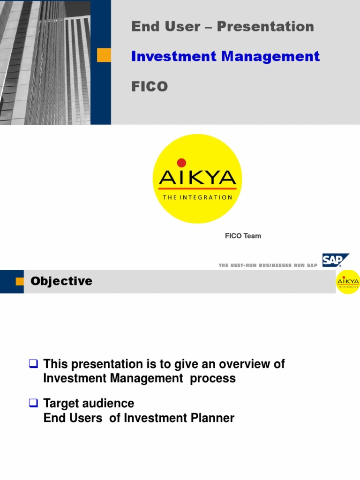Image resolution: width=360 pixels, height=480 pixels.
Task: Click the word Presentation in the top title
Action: pyautogui.click(x=265, y=27)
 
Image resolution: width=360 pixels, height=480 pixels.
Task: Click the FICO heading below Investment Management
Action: pyautogui.click(x=150, y=87)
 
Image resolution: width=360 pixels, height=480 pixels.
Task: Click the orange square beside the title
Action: pyautogui.click(x=104, y=55)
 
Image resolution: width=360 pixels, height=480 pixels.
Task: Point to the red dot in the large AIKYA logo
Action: pyautogui.click(x=181, y=163)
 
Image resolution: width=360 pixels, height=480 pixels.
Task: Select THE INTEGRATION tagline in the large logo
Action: pyautogui.click(x=197, y=197)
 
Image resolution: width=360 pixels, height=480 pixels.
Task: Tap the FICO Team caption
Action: pyautogui.click(x=243, y=236)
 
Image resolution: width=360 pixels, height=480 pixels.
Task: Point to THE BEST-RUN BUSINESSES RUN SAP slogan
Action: pyautogui.click(x=268, y=265)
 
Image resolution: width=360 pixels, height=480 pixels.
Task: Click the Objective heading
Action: pyautogui.click(x=61, y=281)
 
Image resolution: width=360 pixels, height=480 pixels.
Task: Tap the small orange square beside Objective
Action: pyautogui.click(x=20, y=281)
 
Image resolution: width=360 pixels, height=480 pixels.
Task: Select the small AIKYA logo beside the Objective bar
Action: pyautogui.click(x=348, y=282)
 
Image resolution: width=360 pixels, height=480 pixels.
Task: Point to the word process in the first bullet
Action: pyautogui.click(x=213, y=379)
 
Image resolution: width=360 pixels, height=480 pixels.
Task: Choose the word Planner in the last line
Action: pyautogui.click(x=213, y=418)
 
